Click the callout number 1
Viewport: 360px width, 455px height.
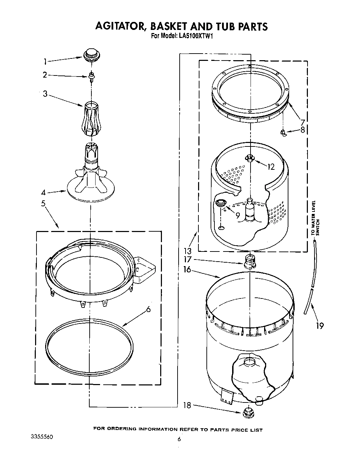coord(45,62)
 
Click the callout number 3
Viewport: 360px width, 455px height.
coord(45,94)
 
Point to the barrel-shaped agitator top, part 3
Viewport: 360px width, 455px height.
coord(90,119)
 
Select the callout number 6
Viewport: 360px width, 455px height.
coord(148,309)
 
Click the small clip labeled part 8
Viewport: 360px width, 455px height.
coord(283,133)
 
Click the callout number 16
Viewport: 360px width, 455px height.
coord(187,269)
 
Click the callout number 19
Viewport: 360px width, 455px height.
coord(320,326)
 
